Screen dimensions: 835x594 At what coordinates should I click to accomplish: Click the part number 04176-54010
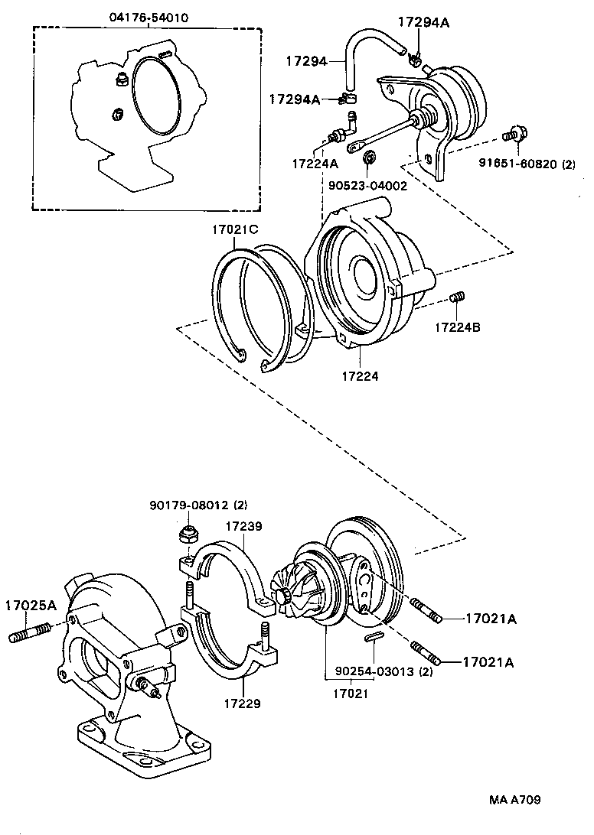point(146,17)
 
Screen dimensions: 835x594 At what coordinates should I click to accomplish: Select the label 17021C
point(237,228)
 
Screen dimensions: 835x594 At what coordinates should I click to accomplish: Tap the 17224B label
point(459,327)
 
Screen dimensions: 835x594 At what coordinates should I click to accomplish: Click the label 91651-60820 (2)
point(527,163)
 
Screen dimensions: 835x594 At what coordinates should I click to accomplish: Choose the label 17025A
point(31,606)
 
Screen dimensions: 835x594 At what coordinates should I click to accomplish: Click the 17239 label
point(243,527)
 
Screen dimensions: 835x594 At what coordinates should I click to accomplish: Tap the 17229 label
point(242,702)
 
